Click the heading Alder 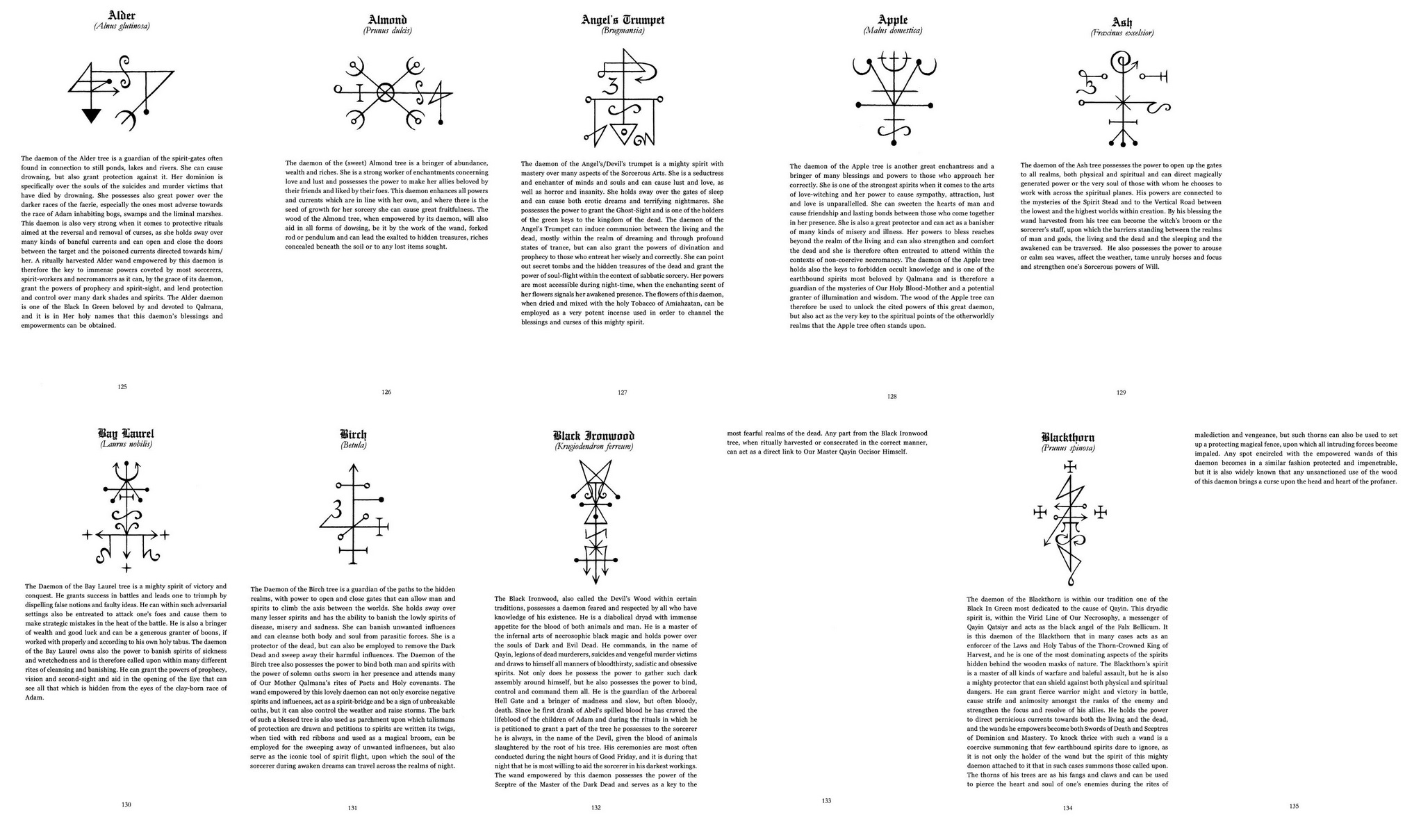tap(122, 15)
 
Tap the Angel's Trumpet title tap(623, 20)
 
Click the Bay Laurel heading tap(126, 434)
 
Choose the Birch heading tap(353, 434)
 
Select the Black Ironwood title tap(593, 436)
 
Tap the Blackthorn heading tap(1067, 437)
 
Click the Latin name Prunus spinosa tap(1067, 449)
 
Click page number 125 tap(122, 386)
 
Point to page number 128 tap(892, 397)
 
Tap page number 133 tap(826, 800)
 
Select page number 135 tap(1293, 806)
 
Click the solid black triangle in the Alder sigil tap(91, 116)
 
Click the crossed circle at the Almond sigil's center tap(386, 92)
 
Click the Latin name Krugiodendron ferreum tap(593, 447)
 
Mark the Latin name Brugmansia tap(623, 31)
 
